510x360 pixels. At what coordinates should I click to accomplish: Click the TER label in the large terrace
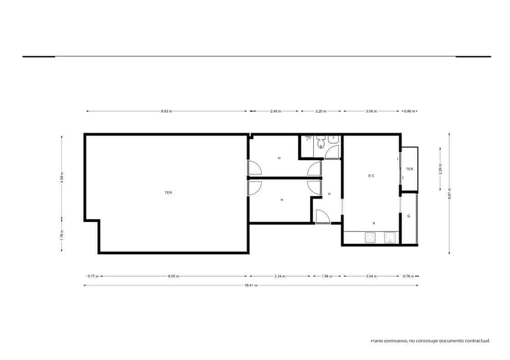point(168,193)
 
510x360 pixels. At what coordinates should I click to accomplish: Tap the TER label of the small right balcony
point(409,169)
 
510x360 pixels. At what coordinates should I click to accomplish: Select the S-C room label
point(371,176)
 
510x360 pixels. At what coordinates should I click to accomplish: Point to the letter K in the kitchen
point(374,223)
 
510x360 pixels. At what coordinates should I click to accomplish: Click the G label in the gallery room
point(408,216)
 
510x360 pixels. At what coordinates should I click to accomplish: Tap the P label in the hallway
point(329,194)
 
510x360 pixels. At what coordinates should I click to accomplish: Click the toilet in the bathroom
point(321,145)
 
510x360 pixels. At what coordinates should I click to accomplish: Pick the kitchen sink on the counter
point(390,238)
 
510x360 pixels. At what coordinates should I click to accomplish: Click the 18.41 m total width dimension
point(251,285)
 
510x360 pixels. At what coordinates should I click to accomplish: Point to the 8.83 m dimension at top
point(166,111)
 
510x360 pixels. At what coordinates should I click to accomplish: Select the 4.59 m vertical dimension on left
point(62,176)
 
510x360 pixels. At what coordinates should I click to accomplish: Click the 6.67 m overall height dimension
point(449,193)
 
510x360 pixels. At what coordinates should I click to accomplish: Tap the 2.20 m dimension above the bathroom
point(321,111)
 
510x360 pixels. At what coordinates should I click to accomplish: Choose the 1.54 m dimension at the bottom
point(327,276)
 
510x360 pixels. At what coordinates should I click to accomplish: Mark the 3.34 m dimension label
point(280,276)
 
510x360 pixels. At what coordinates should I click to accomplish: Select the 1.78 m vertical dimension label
point(62,234)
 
